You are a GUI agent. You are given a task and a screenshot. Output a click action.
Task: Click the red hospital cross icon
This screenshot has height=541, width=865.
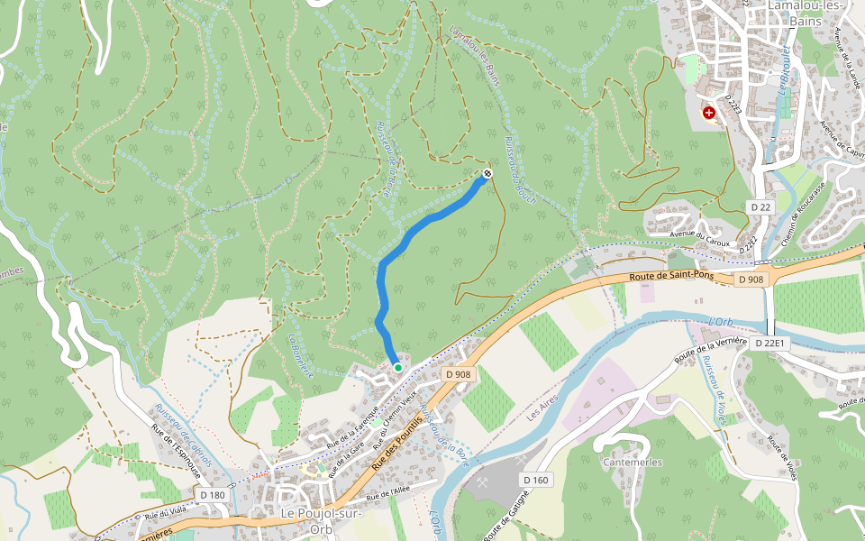click(x=709, y=113)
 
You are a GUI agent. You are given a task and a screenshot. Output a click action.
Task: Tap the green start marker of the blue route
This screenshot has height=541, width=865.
click(x=397, y=367)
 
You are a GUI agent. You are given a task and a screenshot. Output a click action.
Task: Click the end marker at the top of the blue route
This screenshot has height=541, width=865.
click(x=487, y=172)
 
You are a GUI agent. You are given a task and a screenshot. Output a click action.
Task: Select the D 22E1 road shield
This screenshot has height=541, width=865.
click(x=770, y=344)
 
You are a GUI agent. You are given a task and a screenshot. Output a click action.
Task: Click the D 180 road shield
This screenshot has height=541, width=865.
click(x=213, y=495)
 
